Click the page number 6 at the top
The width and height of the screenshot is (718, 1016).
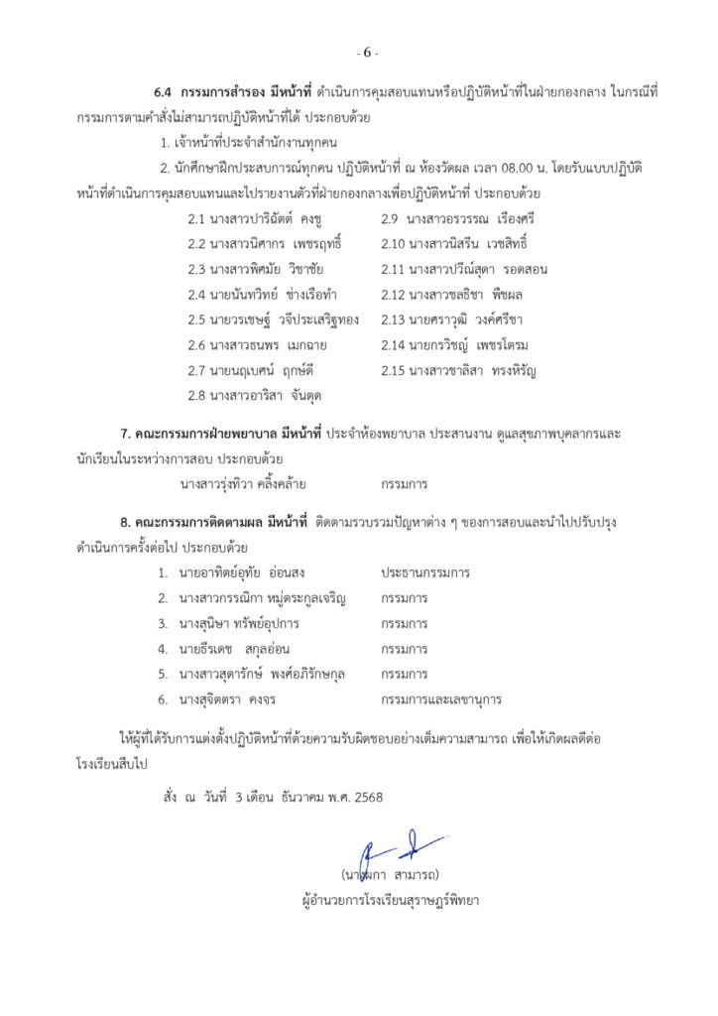[367, 53]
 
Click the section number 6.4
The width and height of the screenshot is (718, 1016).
[166, 92]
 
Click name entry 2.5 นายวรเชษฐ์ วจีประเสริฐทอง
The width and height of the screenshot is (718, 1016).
[273, 319]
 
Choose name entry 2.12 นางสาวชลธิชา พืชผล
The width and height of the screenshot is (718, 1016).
[451, 294]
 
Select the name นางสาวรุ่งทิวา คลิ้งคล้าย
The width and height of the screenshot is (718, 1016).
[242, 485]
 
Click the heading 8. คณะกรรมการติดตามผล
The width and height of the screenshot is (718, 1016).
[199, 522]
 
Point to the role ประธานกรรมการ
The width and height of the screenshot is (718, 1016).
[424, 573]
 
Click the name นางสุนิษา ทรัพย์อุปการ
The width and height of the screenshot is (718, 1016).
[239, 624]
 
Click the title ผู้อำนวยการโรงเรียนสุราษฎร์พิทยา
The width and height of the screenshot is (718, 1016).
[394, 903]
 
